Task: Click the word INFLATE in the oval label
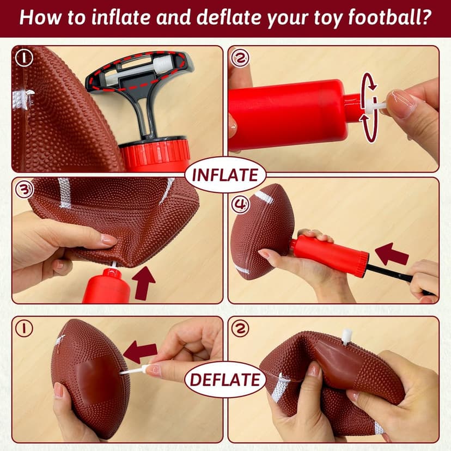coord(225,176)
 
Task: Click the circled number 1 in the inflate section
coord(23,58)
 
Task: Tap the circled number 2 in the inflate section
coord(239,58)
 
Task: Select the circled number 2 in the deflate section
coord(239,328)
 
